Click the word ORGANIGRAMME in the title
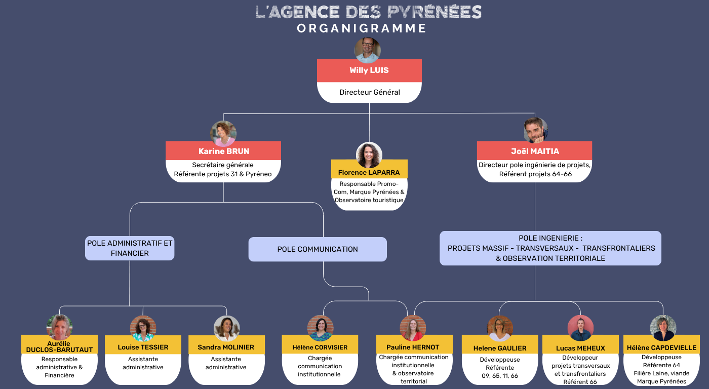point(362,28)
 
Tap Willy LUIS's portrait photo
point(368,50)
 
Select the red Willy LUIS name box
point(369,70)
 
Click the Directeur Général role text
point(370,92)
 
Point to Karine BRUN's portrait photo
point(223,134)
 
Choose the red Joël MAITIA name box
point(534,151)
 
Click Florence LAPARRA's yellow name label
point(369,172)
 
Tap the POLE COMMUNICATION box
point(318,249)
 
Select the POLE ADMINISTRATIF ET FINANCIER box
point(130,248)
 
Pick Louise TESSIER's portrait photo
point(143,328)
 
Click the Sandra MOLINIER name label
point(226,347)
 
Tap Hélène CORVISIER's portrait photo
point(320,328)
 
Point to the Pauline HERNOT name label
point(413,347)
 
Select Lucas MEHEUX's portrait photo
point(580,328)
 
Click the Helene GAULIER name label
point(500,348)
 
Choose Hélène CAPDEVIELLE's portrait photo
point(663,328)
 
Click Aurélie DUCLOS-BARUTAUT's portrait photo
point(59,327)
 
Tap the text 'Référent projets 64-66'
point(535,174)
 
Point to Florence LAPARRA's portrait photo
point(369,155)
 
